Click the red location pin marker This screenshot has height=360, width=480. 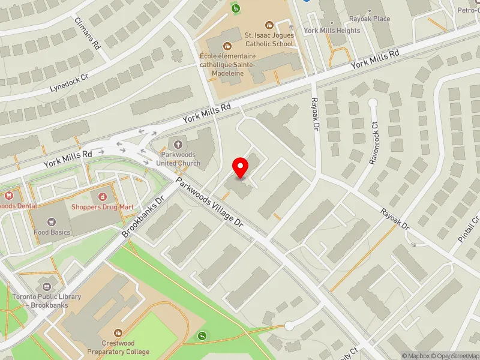(241, 168)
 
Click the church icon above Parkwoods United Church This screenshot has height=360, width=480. (177, 144)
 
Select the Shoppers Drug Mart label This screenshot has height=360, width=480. (102, 207)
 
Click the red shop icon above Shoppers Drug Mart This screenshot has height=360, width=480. (102, 196)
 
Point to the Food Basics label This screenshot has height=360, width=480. (52, 232)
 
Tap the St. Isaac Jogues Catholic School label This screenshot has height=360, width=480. (269, 40)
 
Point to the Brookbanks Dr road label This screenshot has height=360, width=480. (143, 216)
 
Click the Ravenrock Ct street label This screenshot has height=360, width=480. (376, 144)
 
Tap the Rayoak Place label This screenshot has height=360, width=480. (373, 19)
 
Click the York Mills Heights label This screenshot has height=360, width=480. (332, 31)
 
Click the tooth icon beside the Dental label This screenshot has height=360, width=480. (8, 196)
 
